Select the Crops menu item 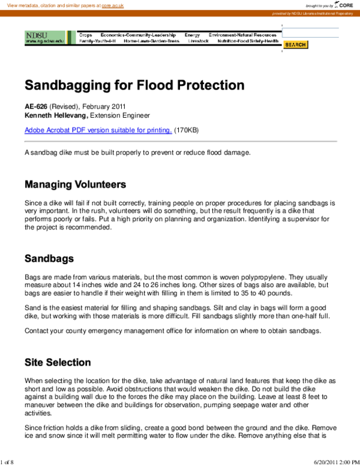coord(86,35)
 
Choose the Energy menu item coord(192,35)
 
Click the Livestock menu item coord(198,41)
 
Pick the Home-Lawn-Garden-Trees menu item coord(151,41)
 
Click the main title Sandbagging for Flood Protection coord(134,85)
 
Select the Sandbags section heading coord(49,259)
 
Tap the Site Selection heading coord(58,362)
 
